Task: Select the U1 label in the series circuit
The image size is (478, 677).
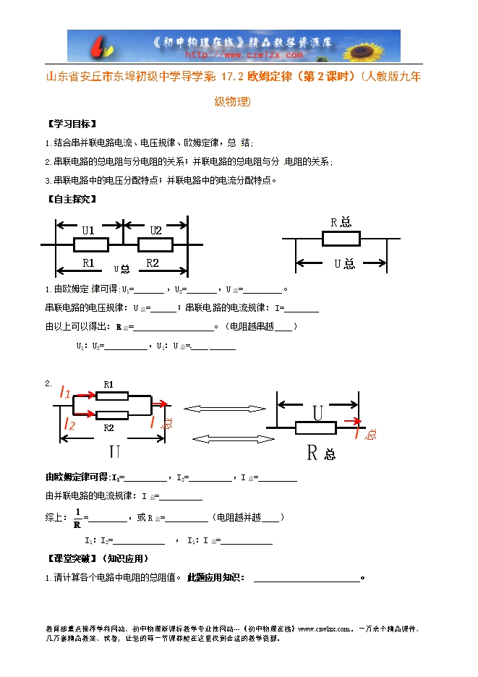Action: point(88,230)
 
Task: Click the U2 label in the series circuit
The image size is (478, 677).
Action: point(155,230)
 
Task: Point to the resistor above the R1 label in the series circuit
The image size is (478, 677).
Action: point(90,246)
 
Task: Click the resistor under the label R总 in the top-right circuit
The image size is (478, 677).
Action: point(340,238)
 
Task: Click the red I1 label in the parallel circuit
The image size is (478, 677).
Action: point(64,393)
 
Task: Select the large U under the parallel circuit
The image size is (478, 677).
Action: point(114,453)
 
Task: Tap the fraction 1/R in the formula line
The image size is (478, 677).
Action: point(77,517)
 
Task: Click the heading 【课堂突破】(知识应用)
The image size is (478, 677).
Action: point(97,558)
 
